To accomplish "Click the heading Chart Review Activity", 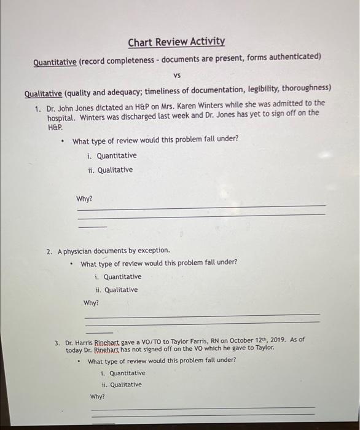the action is click(176, 42).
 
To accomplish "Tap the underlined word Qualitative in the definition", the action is click(43, 93).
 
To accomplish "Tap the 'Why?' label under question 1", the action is click(84, 198).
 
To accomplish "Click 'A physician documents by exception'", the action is click(114, 251).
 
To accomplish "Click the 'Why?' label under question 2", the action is click(91, 303).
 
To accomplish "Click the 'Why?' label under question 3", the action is click(97, 396).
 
